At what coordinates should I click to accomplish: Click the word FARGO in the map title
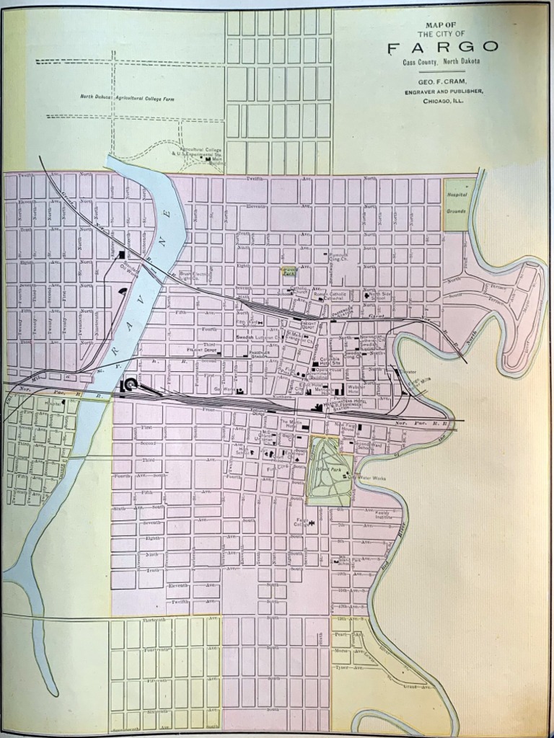(443, 48)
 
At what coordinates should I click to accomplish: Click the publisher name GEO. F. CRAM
(443, 81)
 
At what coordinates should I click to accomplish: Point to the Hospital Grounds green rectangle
(456, 205)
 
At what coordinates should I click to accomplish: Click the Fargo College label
(302, 522)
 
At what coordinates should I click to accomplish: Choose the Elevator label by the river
(409, 372)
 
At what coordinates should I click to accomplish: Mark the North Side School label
(377, 296)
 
